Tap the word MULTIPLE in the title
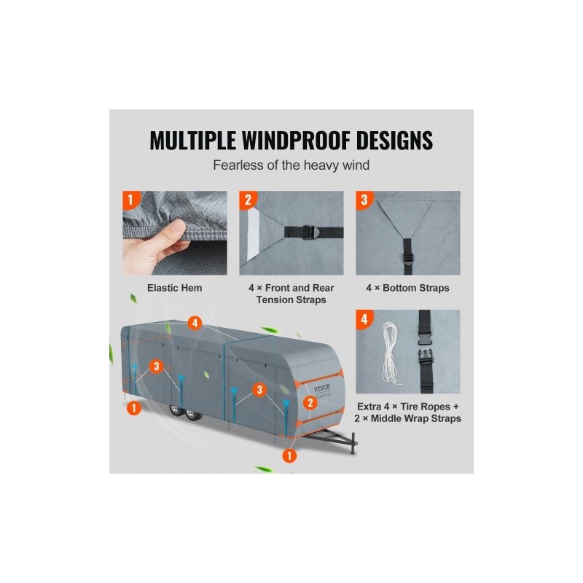192,140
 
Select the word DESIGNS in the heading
394,140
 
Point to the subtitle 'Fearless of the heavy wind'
291,165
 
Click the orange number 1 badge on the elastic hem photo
130,200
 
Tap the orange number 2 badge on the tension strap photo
248,200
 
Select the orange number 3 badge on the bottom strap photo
364,200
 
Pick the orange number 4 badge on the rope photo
364,319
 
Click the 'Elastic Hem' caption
174,288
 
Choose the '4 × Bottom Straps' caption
407,288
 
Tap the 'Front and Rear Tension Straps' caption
291,294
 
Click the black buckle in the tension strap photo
309,232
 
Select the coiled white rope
391,353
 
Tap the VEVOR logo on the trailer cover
322,388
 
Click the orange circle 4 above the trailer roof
195,323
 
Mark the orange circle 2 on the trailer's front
310,402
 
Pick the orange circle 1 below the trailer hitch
289,455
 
